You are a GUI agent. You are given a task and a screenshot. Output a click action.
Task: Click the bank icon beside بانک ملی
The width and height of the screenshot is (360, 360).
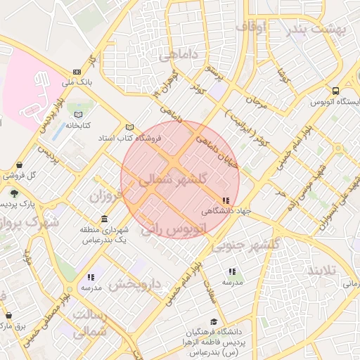(76, 71)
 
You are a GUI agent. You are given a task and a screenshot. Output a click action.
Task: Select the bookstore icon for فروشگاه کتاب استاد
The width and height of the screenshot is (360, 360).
(129, 127)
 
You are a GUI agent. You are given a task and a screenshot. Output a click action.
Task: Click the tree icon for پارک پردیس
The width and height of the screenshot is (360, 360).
(15, 193)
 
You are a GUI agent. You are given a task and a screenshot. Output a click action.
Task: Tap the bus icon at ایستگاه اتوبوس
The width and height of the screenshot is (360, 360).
(336, 91)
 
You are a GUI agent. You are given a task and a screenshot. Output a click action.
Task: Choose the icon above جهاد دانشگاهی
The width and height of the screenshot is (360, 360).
(225, 200)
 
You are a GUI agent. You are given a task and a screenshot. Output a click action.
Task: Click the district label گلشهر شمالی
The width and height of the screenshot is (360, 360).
(179, 179)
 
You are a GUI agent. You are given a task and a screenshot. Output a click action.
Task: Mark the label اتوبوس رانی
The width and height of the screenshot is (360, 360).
(174, 229)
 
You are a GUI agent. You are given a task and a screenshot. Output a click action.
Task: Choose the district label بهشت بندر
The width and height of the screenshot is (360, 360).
(319, 30)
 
